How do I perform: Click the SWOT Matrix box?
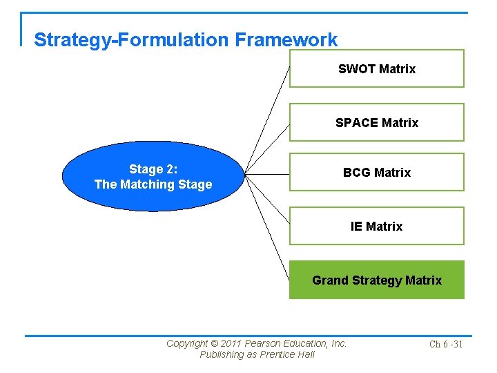point(376,68)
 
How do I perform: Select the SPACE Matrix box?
point(376,122)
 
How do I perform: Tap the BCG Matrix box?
point(376,172)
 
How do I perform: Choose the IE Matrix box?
point(376,226)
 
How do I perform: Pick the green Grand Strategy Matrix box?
point(376,280)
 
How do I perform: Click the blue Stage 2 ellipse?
point(153,176)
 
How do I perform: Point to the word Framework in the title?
point(286,40)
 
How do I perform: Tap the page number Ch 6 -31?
point(445,344)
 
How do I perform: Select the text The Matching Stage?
point(153,184)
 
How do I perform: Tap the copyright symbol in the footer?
point(214,343)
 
